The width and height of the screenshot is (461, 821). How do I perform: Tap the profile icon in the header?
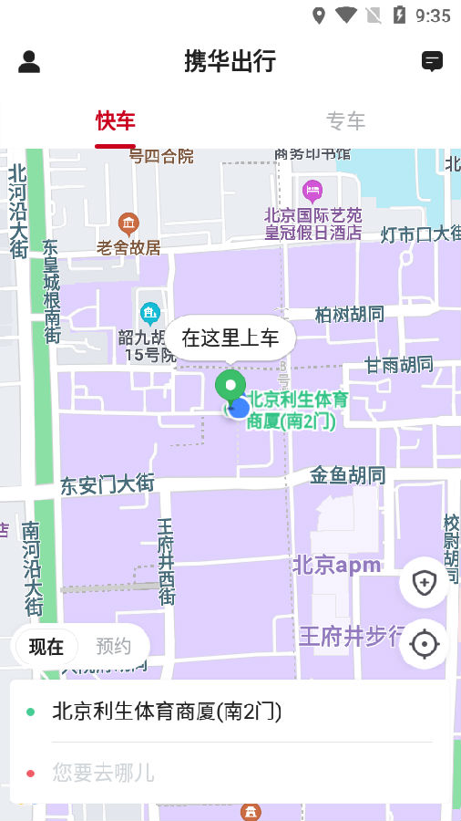29,61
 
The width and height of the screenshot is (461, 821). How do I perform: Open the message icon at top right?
432,61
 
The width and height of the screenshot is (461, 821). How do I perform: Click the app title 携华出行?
230,61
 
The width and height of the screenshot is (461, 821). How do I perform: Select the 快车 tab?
116,120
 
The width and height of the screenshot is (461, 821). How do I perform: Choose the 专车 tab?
345,120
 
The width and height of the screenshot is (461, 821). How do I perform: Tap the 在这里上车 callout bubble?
230,338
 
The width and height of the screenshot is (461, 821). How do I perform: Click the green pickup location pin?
230,386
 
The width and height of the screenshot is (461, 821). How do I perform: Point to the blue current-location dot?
240,408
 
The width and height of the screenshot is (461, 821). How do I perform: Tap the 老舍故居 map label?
128,246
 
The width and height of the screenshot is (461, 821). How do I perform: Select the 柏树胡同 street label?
349,315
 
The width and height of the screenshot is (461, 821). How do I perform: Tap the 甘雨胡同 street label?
399,365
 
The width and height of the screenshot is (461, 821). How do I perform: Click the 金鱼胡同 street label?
347,475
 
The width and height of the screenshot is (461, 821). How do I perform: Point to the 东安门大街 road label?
108,483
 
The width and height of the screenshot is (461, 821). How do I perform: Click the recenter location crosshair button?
424,644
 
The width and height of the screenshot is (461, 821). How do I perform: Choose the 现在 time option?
46,647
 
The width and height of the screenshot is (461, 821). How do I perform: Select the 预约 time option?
114,647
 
